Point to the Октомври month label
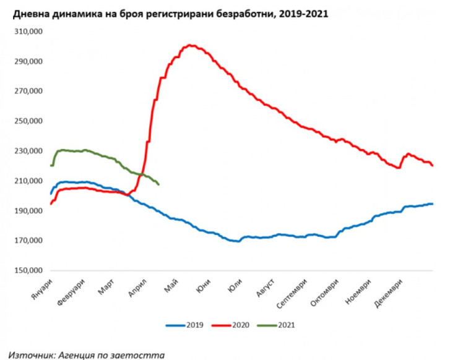tap(326, 291)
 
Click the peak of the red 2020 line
tap(191, 45)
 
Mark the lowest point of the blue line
tap(237, 241)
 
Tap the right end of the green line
tap(159, 184)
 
